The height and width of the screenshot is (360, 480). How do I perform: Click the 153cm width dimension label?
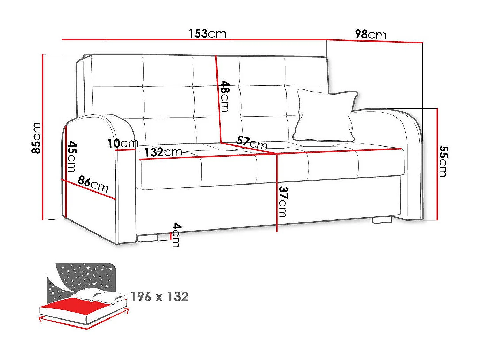point(207,33)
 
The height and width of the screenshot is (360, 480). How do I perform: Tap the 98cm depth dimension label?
point(370,34)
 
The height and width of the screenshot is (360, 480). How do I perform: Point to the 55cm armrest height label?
point(443,161)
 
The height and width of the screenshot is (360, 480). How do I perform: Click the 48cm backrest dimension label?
point(225,96)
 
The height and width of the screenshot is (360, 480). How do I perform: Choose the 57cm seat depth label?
point(252,142)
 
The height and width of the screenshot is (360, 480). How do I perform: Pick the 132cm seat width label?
point(163,152)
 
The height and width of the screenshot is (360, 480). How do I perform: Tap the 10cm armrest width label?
point(123,143)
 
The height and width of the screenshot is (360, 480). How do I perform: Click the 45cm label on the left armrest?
point(71,156)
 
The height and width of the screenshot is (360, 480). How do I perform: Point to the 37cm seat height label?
point(283,202)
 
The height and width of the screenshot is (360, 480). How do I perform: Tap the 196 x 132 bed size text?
point(159,297)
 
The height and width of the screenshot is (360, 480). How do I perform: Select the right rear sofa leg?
point(381,220)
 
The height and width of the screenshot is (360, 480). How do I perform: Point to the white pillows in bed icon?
point(98,296)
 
